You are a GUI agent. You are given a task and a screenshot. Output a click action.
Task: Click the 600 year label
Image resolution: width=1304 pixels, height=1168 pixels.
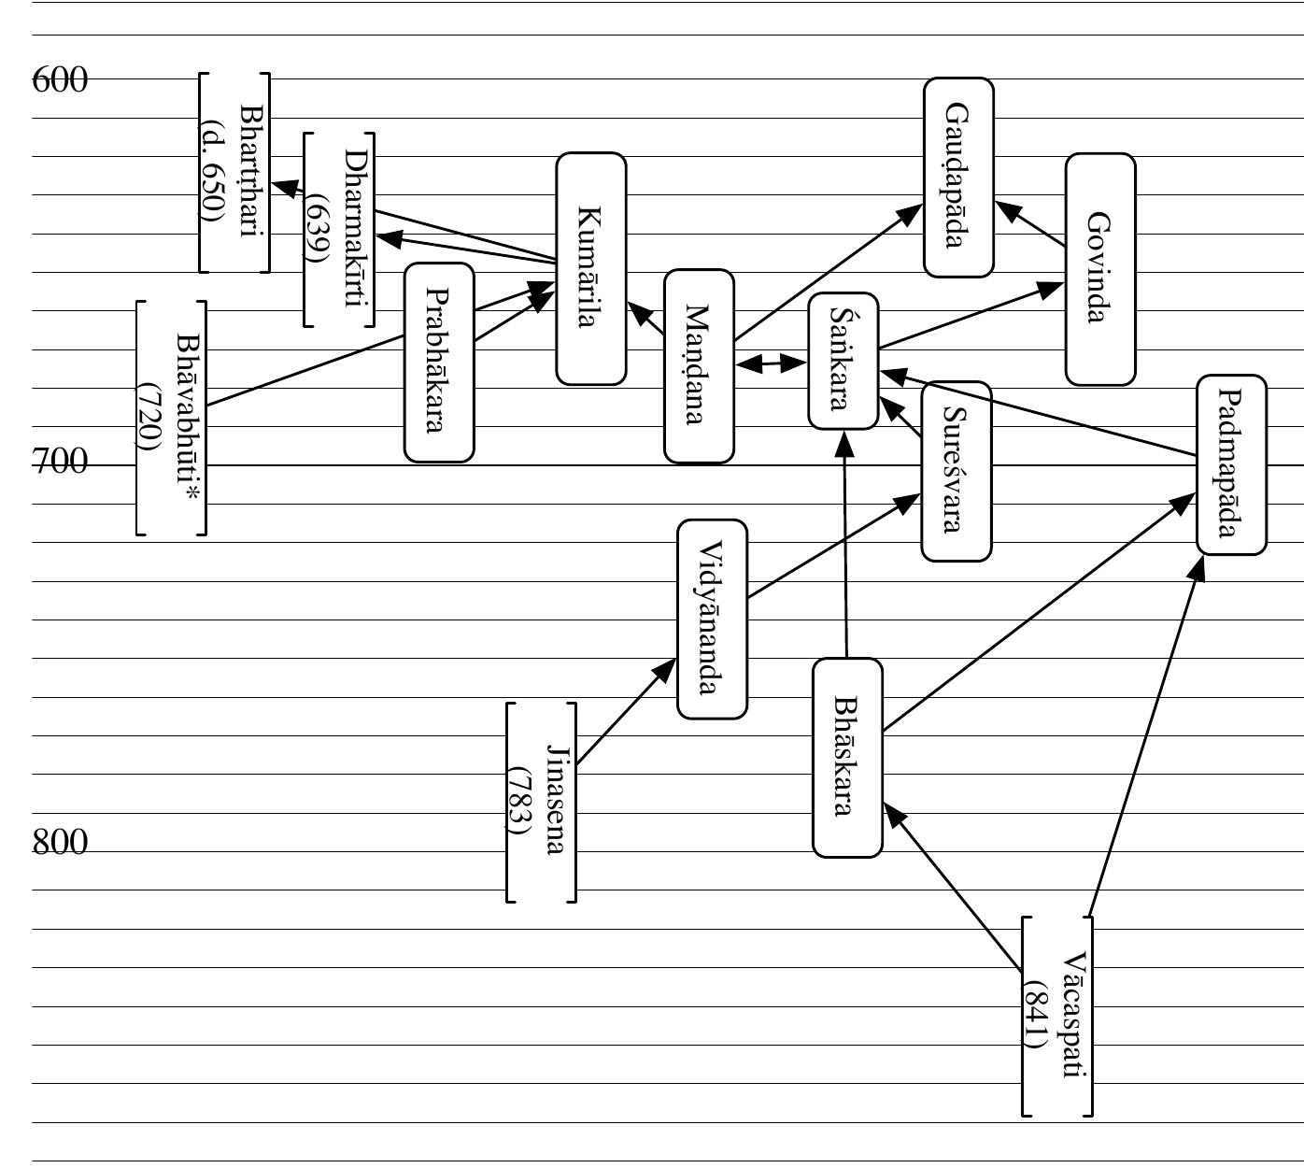coord(60,80)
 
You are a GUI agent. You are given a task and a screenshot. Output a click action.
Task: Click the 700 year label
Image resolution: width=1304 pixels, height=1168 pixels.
coord(60,462)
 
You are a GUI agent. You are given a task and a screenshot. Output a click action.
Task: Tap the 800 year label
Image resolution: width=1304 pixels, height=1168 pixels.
coord(60,843)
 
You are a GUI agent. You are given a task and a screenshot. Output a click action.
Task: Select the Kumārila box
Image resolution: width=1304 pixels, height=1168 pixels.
coord(590,269)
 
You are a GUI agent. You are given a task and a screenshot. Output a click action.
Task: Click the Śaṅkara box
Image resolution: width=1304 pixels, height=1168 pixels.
coord(843,361)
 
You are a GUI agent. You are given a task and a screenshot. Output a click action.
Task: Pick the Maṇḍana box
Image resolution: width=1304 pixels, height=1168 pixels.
coord(699,366)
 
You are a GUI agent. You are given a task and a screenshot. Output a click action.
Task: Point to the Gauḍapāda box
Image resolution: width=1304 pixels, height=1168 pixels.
coord(958,178)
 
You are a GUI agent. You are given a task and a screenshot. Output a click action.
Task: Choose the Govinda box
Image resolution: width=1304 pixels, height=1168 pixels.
coord(1100,269)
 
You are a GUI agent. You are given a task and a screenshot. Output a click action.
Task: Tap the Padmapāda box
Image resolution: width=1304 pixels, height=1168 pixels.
coord(1231,464)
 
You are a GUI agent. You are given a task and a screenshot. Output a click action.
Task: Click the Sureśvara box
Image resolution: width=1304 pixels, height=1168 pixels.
coord(956,471)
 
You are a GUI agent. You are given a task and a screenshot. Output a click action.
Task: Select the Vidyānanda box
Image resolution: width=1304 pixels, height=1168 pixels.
coord(712,619)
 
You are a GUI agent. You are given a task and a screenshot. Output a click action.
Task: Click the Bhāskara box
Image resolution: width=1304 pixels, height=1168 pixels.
coord(847,757)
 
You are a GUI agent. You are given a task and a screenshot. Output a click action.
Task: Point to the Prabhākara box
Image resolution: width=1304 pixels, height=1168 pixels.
coord(438,363)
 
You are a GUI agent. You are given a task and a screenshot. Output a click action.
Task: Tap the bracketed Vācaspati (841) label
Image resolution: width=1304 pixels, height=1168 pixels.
coord(1056,1017)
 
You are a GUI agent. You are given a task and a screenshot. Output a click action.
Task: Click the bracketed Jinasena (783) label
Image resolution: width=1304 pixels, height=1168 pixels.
coord(541,802)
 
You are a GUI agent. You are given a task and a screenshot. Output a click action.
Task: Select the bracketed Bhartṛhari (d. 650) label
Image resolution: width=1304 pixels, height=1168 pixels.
coord(234,172)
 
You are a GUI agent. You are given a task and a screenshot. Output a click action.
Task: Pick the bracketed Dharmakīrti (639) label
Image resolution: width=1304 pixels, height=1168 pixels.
coord(338,230)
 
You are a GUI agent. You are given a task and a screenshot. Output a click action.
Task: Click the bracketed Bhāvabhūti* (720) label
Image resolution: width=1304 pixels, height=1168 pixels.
coord(170,418)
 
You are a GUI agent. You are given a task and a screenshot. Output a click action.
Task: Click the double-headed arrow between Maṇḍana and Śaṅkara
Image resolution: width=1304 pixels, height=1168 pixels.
coord(772,363)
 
